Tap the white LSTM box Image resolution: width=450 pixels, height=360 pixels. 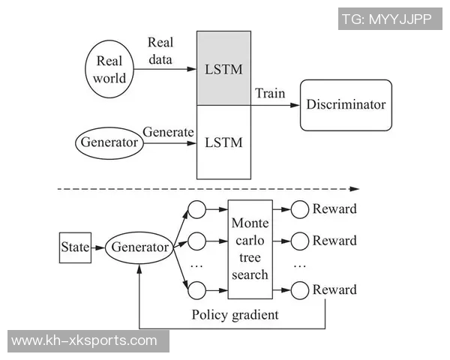coord(223,142)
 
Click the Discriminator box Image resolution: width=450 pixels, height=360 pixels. coord(346,104)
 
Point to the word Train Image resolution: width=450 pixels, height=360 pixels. coord(270,94)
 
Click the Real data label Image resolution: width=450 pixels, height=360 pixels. coord(160,51)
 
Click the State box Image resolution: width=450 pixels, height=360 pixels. coord(74,247)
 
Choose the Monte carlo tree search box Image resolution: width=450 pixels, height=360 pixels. coord(250,249)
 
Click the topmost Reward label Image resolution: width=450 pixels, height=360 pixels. coord(334,208)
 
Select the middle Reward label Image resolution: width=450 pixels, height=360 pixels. coord(334,241)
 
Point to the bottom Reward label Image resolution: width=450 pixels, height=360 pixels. coord(334,289)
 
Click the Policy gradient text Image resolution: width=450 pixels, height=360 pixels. coord(235,314)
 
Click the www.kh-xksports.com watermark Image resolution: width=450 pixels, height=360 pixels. coord(85,340)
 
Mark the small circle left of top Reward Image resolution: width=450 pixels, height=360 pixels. coord(300,209)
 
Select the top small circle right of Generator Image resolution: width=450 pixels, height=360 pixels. coord(197,209)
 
